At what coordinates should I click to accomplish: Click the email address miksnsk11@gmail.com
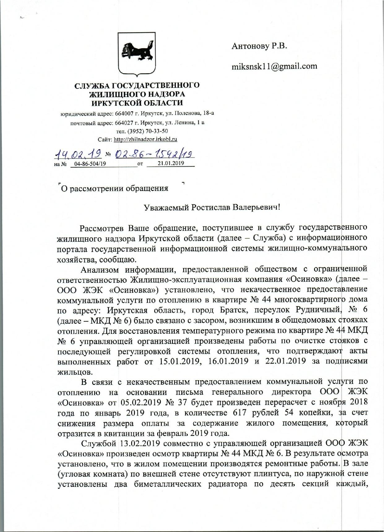point(274,66)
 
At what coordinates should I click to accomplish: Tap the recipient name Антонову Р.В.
point(259,46)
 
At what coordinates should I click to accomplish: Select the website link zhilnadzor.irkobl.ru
point(145,139)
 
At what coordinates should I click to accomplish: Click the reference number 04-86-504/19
point(88,164)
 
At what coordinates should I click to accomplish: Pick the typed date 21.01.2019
point(171,163)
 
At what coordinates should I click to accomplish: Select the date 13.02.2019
point(138,443)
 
